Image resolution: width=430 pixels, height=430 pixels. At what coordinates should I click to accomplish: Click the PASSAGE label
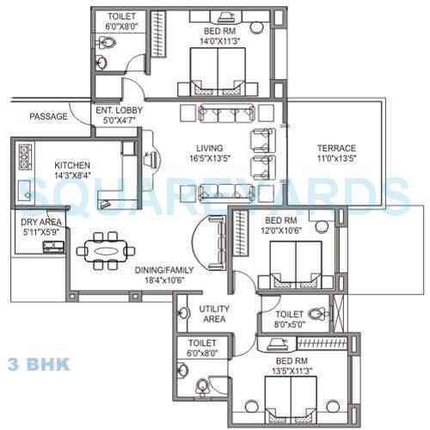point(48,116)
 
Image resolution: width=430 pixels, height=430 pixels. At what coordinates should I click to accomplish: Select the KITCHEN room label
point(74,165)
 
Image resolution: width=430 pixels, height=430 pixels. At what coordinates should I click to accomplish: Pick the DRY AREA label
point(39,222)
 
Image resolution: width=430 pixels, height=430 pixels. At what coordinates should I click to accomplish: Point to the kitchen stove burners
point(24,158)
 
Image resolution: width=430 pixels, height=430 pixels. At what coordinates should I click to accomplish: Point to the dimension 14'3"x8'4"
point(74,175)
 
